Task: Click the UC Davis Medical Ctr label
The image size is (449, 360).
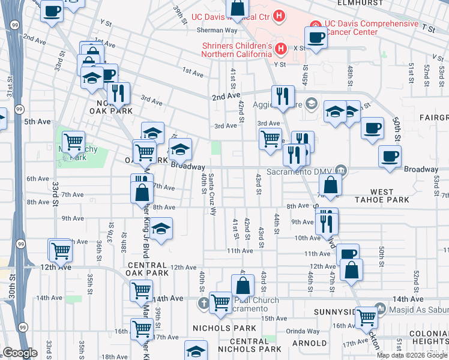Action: (229, 16)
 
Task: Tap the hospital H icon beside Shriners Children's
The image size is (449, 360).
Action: (279, 48)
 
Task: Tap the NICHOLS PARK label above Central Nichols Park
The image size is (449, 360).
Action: (217, 328)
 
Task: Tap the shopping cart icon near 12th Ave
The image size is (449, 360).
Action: (60, 251)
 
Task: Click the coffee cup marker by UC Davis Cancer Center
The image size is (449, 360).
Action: (315, 38)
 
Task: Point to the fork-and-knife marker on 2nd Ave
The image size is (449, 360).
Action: (282, 96)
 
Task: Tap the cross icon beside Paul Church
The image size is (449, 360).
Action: (203, 304)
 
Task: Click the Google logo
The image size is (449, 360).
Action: (20, 353)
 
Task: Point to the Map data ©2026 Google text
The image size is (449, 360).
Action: (412, 355)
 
